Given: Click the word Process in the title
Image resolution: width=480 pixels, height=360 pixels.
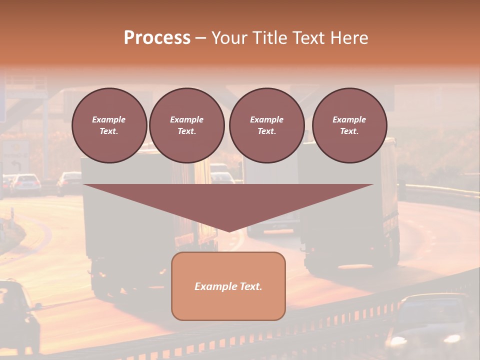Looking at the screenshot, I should (x=157, y=38).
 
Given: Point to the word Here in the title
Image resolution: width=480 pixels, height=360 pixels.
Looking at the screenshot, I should (x=348, y=38).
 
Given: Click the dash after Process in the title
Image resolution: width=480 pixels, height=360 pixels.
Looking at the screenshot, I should (x=200, y=38).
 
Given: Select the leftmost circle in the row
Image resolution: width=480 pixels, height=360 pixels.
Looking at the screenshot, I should (x=109, y=125).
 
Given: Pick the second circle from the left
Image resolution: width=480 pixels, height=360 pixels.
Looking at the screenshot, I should (x=187, y=125).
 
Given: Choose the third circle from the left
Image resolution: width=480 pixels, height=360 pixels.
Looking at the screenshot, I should (x=267, y=125).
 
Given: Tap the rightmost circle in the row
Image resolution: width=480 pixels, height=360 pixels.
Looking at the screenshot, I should (x=349, y=125).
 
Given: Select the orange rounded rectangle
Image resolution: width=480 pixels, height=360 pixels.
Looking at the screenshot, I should (x=228, y=300).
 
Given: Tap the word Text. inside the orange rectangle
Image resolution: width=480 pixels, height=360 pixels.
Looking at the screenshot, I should (x=250, y=286).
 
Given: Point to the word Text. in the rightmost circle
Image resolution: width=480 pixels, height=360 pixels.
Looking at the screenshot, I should (x=349, y=131).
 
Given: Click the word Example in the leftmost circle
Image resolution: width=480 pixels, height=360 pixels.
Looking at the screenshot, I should (x=109, y=119).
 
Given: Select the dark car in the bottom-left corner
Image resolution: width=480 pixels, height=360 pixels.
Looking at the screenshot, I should (x=17, y=315).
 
